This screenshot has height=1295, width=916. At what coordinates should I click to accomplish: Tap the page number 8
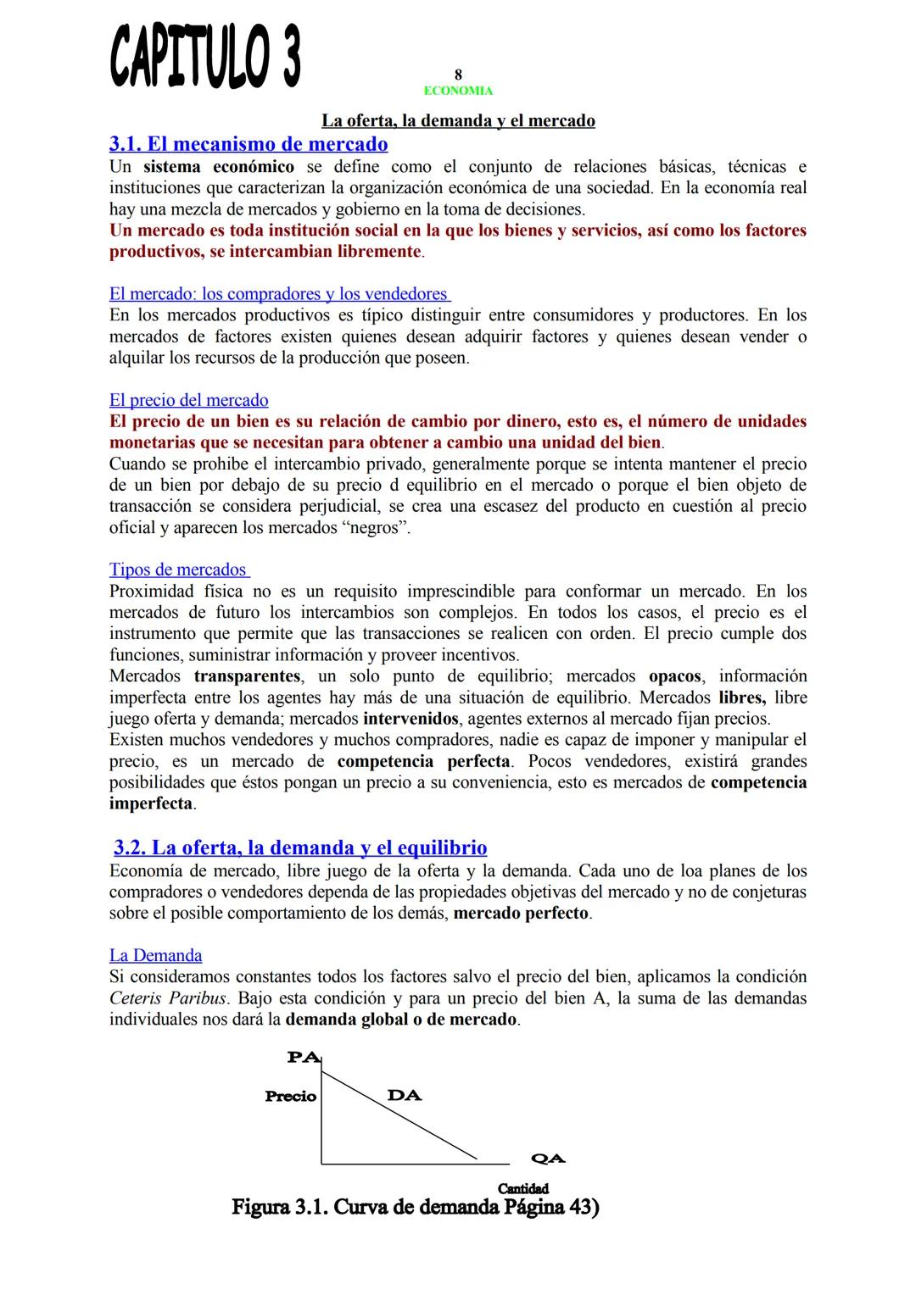pyautogui.click(x=458, y=75)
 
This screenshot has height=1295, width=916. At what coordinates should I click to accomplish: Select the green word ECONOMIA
pyautogui.click(x=458, y=91)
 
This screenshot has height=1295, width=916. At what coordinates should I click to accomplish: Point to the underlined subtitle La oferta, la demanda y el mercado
pyautogui.click(x=458, y=120)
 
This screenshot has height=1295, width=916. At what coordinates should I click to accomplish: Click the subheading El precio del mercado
pyautogui.click(x=188, y=400)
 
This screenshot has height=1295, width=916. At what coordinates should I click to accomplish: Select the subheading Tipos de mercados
pyautogui.click(x=178, y=570)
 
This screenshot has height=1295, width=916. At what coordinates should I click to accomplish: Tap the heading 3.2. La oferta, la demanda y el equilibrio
pyautogui.click(x=300, y=848)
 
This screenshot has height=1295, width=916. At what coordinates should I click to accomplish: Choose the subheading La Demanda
pyautogui.click(x=155, y=955)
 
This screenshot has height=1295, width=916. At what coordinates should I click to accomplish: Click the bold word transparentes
pyautogui.click(x=247, y=676)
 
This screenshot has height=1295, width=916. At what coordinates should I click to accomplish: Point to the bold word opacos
pyautogui.click(x=674, y=676)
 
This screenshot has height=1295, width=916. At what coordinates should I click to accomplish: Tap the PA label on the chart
pyautogui.click(x=303, y=1057)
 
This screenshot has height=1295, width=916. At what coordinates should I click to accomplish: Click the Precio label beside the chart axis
pyautogui.click(x=290, y=1097)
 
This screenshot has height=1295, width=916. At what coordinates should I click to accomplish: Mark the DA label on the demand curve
pyautogui.click(x=404, y=1095)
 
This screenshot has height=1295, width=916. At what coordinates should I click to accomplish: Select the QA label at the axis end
pyautogui.click(x=548, y=1159)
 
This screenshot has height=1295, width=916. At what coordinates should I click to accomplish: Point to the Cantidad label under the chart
pyautogui.click(x=522, y=1188)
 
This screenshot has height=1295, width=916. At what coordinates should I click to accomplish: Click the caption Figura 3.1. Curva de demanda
pyautogui.click(x=416, y=1207)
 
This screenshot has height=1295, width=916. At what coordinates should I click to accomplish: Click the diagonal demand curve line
pyautogui.click(x=399, y=1117)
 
